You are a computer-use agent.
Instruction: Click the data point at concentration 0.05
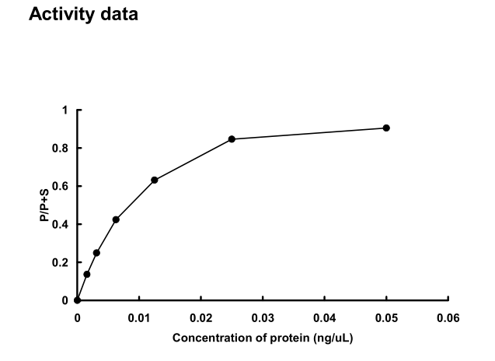[386, 128]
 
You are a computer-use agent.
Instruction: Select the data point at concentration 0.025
[232, 139]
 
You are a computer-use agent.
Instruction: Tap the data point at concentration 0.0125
[155, 180]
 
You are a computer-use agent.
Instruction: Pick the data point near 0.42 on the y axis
[116, 219]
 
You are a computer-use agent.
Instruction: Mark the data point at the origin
[77, 300]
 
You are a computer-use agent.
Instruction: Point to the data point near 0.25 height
[96, 253]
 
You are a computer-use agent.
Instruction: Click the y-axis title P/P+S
[46, 205]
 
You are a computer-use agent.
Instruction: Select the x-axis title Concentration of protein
[263, 338]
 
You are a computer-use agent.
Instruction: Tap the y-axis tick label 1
[66, 110]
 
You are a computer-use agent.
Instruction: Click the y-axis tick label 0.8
[62, 149]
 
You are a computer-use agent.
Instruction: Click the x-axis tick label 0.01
[139, 317]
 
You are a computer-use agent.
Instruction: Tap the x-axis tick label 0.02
[200, 317]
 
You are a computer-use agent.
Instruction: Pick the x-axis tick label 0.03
[263, 317]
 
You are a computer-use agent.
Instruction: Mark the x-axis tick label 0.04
[325, 317]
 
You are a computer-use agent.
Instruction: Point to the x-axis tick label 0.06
[448, 317]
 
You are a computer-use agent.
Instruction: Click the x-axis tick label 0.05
[386, 317]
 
